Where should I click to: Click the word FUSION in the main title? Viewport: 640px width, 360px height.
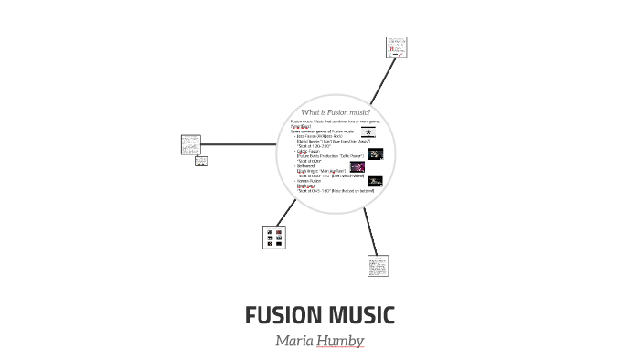coord(282,316)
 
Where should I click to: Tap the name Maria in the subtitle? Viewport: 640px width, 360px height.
coord(295,341)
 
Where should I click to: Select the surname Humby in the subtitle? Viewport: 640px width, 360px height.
coord(342,341)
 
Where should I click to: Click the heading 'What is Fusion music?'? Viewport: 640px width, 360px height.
coord(335,112)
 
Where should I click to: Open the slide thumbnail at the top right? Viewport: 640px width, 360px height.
coord(396,48)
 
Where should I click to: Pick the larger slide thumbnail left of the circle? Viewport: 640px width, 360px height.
coord(191,144)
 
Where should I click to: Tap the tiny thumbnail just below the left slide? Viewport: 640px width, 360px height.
coord(201,162)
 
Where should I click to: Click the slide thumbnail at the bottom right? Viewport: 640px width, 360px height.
coord(378,266)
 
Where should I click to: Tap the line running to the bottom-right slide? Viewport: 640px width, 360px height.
coord(368,231)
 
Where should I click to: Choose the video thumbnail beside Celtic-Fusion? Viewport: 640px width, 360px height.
coord(375,154)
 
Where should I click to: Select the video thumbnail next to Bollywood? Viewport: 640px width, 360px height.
coord(357,167)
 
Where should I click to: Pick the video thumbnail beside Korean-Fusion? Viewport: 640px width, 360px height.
coord(375,182)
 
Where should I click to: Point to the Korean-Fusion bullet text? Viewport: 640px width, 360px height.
coord(309,181)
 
